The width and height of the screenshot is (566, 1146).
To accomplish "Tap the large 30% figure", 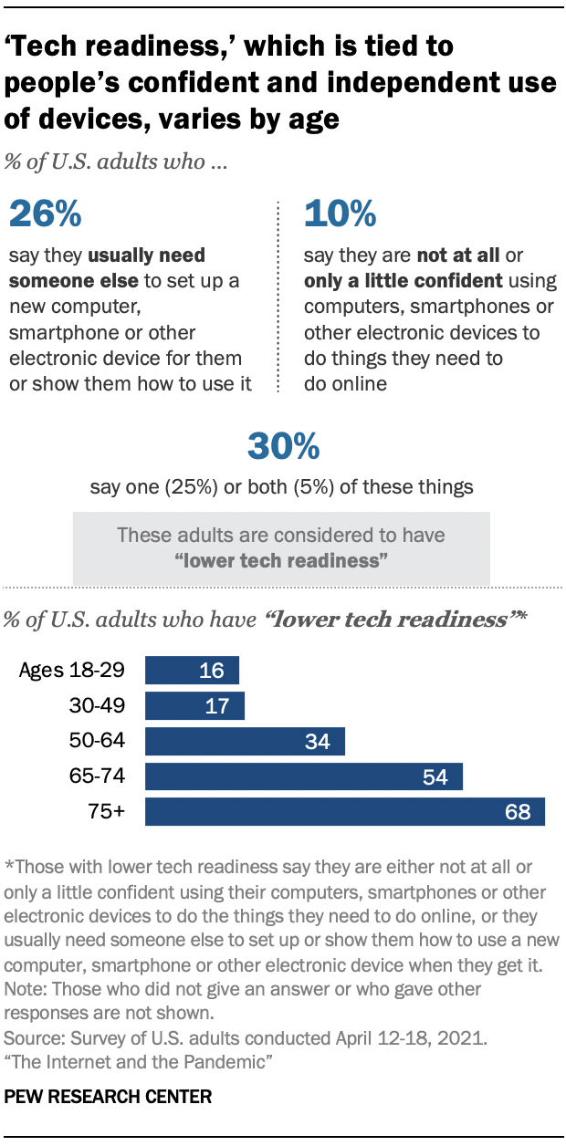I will pos(283,446).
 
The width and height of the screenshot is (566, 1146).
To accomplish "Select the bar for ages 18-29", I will pos(192,671).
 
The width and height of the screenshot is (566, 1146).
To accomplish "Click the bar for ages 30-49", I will pos(194,705).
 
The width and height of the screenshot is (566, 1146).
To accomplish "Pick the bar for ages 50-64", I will pos(245,741).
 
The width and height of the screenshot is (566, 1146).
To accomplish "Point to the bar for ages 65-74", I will pos(303,776).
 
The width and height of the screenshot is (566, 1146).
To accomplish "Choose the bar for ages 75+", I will pos(344,811).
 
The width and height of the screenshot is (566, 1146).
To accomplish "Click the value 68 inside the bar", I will pos(517,811).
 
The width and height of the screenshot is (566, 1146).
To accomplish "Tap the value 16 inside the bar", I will pos(212,671).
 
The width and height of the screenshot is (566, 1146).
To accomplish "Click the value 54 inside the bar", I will pos(435,776).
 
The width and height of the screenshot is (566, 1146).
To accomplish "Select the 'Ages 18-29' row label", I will pos(71,671).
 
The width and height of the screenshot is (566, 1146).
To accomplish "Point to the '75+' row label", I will pos(106,811).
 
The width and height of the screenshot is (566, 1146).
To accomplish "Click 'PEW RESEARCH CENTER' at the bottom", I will pos(109,1097).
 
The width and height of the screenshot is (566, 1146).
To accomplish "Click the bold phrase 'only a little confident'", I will pos(403,280).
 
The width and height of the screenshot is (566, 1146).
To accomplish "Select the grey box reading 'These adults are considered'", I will pos(281,547).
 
